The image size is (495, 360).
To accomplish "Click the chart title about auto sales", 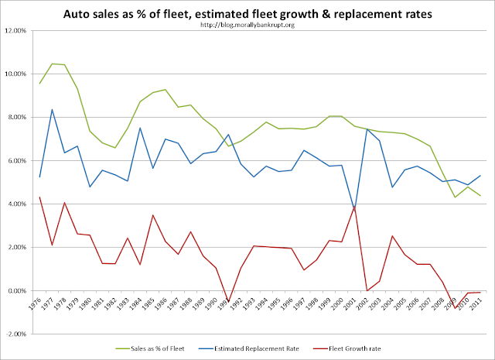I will (x=247, y=12).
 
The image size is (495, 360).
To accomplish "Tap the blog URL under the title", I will (x=247, y=25).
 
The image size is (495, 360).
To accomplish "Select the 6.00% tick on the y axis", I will (x=23, y=160).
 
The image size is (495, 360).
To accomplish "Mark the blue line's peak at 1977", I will (x=52, y=109).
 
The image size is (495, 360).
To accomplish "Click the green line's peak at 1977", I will (x=52, y=63).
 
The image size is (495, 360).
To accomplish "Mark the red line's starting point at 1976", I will (x=39, y=197).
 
